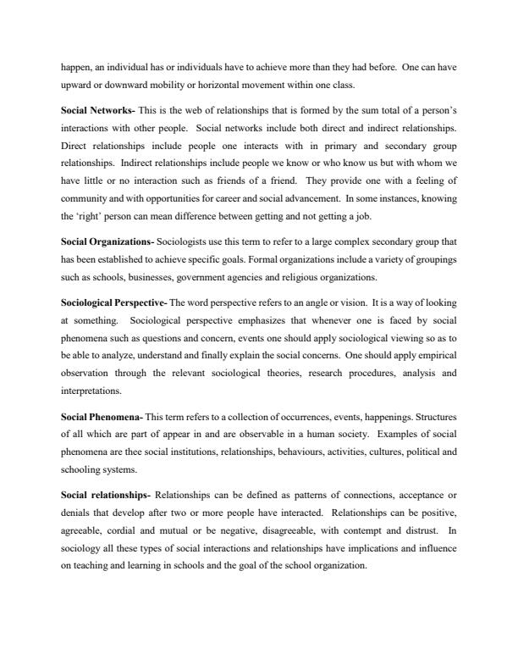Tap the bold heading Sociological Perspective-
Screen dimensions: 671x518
pos(113,302)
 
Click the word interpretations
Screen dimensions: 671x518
pos(91,391)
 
